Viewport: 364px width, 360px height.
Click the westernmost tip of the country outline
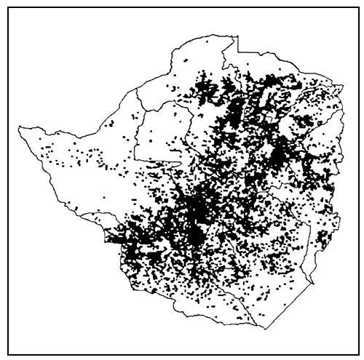pyautogui.click(x=19, y=128)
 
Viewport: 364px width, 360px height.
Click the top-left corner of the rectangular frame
pyautogui.click(x=9, y=7)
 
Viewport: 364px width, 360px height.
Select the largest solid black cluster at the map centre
pyautogui.click(x=195, y=218)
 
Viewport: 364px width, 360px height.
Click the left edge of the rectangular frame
pyautogui.click(x=9, y=182)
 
